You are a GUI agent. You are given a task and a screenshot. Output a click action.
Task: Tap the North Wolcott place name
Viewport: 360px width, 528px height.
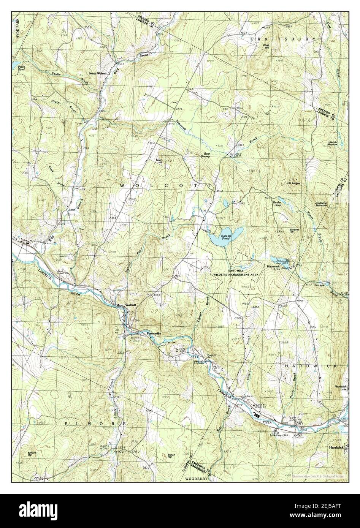[98, 73]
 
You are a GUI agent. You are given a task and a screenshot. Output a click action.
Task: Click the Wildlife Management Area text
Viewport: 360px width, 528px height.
[236, 274]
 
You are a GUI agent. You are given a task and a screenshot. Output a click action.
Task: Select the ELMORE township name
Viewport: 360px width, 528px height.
[90, 423]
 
